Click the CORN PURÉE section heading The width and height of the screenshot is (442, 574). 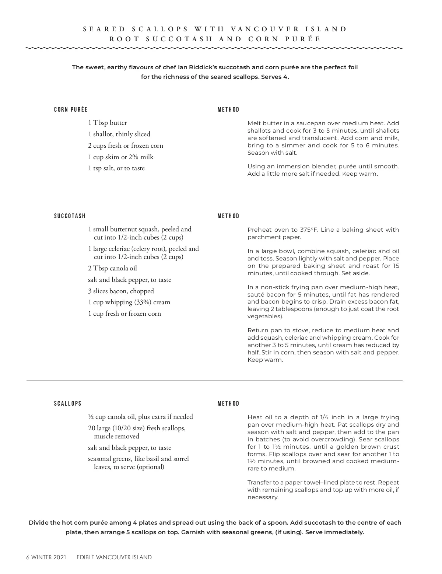coord(71,109)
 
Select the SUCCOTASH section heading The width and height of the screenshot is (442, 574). coord(70,216)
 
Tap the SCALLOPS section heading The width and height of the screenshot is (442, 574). coord(68,403)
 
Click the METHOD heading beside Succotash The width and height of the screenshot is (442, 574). coord(228,216)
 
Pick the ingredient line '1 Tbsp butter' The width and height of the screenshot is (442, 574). coord(108,123)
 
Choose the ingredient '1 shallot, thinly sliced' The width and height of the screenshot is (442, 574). coord(119,134)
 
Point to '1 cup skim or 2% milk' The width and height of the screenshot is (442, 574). coord(121,157)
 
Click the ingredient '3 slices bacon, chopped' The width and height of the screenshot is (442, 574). coord(121,291)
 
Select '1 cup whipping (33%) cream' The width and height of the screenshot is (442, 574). coord(129,302)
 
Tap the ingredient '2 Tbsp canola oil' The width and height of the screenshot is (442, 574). coord(112,268)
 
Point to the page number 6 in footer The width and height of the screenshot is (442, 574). coord(28,557)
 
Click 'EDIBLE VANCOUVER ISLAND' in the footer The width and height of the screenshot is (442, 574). coord(114,557)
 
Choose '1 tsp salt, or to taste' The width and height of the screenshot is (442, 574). coord(116,168)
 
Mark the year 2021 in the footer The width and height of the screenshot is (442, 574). coord(60,557)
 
